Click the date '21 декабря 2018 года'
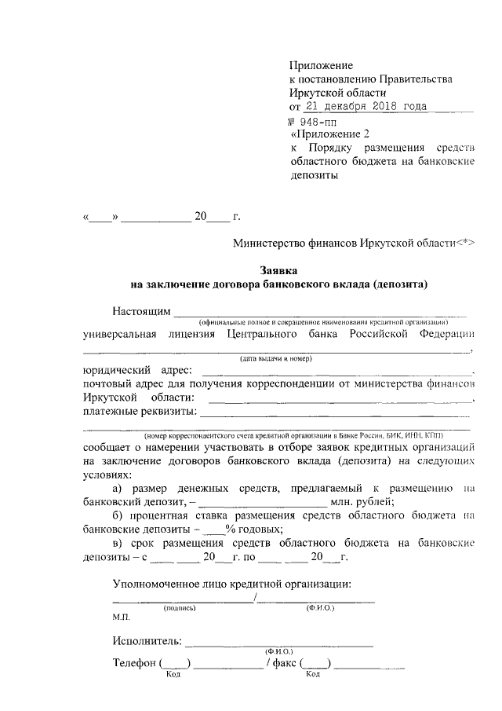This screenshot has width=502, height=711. (367, 108)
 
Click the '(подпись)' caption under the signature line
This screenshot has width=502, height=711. (179, 608)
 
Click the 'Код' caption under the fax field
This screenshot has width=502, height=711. (312, 674)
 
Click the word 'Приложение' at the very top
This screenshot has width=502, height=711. (322, 65)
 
